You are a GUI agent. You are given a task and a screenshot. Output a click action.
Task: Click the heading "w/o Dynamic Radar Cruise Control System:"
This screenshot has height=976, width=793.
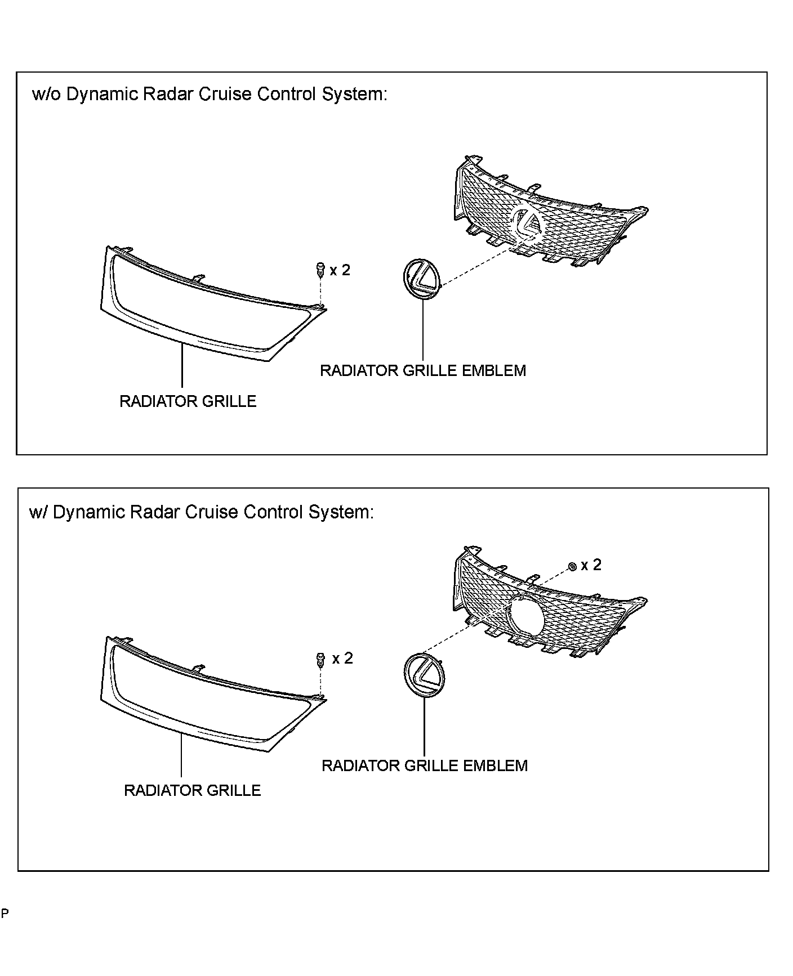[x=210, y=94]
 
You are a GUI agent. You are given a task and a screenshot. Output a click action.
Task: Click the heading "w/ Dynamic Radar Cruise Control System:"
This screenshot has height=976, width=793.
[x=201, y=512]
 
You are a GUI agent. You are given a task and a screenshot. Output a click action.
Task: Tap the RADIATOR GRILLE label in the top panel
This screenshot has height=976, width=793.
[x=188, y=401]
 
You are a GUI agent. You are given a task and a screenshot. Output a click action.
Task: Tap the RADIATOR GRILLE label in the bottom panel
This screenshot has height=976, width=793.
[x=192, y=790]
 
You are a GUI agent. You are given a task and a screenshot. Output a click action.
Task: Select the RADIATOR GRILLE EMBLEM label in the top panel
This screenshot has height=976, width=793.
[x=422, y=371]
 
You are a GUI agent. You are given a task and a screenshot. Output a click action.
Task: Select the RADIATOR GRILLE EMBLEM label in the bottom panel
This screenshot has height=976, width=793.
[x=424, y=765]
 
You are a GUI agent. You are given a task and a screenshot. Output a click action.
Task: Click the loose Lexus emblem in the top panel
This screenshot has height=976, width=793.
[x=421, y=276]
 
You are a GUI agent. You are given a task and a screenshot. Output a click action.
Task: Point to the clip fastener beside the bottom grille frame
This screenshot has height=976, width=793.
[x=321, y=659]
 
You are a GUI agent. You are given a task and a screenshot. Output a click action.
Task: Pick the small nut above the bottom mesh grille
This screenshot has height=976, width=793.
[x=572, y=566]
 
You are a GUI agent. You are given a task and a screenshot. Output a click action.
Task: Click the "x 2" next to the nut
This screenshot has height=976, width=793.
[x=591, y=565]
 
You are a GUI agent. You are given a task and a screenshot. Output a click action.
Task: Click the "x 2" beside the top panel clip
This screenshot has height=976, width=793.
[x=340, y=270]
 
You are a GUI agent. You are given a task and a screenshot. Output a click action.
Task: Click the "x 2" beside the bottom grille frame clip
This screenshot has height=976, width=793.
[x=342, y=658]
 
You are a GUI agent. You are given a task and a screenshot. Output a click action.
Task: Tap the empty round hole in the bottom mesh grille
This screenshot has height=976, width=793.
[x=525, y=617]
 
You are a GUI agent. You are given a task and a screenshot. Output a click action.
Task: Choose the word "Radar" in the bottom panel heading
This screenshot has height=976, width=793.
[x=154, y=512]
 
